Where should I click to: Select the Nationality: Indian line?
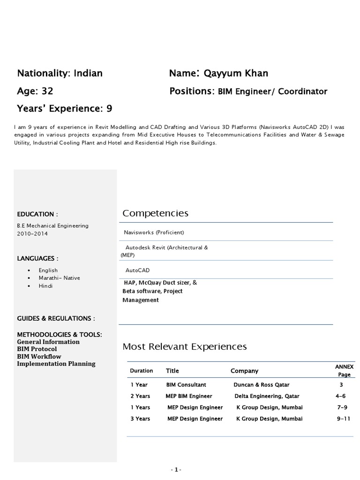60,73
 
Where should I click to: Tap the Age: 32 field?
35,91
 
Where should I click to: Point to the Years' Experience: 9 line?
65,109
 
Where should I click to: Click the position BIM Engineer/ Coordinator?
272,91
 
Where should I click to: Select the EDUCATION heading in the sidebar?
37,214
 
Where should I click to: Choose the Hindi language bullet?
46,286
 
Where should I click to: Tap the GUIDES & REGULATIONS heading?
56,318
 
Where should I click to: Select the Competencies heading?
155,214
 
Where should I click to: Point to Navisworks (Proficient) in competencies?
154,232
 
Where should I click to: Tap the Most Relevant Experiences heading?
184,347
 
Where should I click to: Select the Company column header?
244,371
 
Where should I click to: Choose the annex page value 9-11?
343,419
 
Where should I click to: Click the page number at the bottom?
176,469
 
